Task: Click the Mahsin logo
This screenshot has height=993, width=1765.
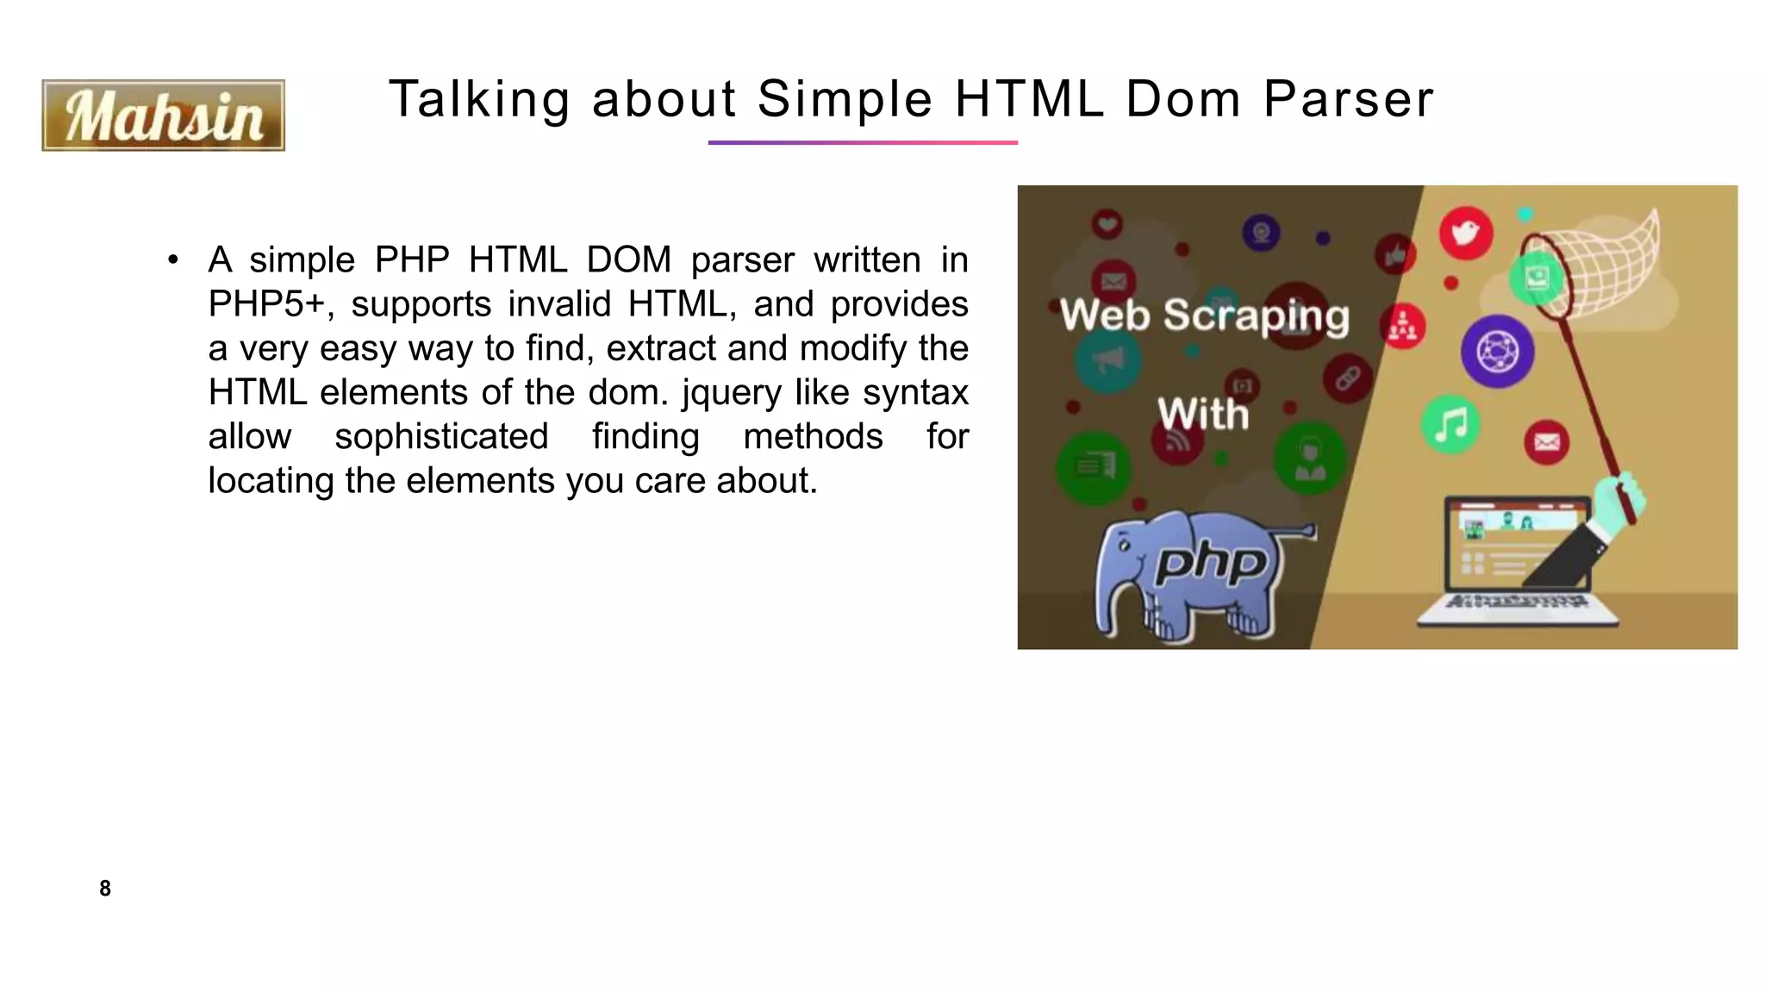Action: [x=163, y=116]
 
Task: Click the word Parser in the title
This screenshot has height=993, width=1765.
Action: [x=1348, y=98]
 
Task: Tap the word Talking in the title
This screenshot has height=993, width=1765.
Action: [x=478, y=98]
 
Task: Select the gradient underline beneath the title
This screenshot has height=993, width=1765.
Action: [x=863, y=142]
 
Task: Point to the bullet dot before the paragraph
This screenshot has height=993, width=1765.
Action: [x=173, y=259]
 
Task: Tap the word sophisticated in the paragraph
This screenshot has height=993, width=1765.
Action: [x=441, y=437]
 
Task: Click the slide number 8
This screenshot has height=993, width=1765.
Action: [x=105, y=889]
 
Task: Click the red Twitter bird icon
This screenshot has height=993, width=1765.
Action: [x=1465, y=233]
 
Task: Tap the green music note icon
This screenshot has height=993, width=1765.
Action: [x=1450, y=424]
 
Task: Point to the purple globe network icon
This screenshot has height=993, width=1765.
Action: [x=1497, y=352]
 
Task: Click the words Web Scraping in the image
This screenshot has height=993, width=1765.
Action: [x=1204, y=315]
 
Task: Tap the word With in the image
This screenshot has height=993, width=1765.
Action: [x=1202, y=415]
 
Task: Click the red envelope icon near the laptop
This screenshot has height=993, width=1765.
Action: [x=1546, y=443]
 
